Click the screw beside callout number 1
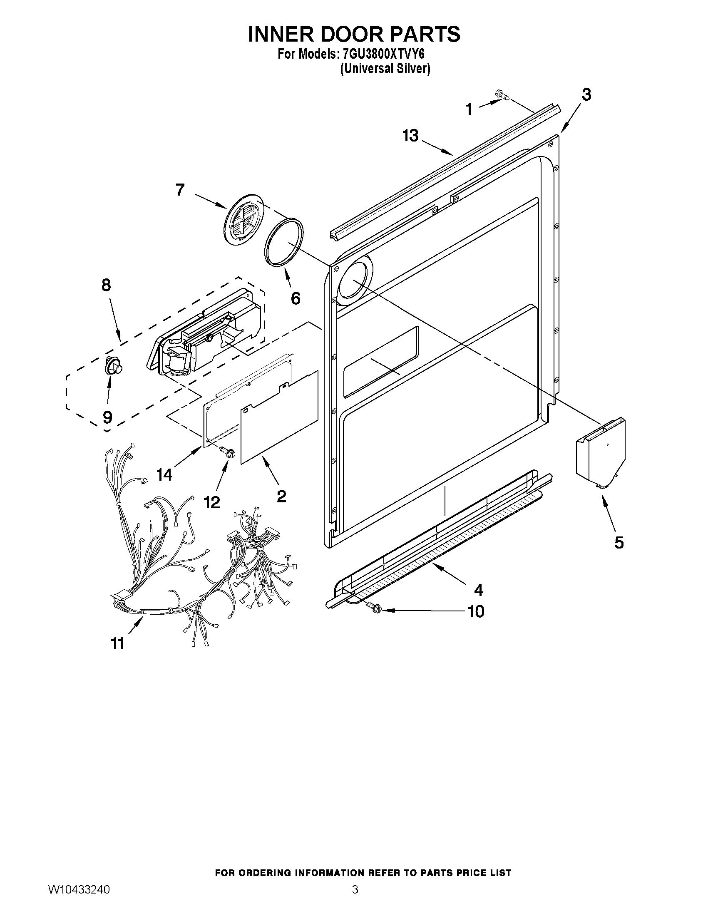click(x=502, y=95)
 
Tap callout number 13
click(x=411, y=136)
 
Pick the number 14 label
click(x=164, y=475)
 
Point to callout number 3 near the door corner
click(x=586, y=95)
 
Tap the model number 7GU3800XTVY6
click(x=383, y=55)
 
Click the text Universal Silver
click(x=385, y=69)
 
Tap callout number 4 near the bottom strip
click(x=478, y=590)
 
